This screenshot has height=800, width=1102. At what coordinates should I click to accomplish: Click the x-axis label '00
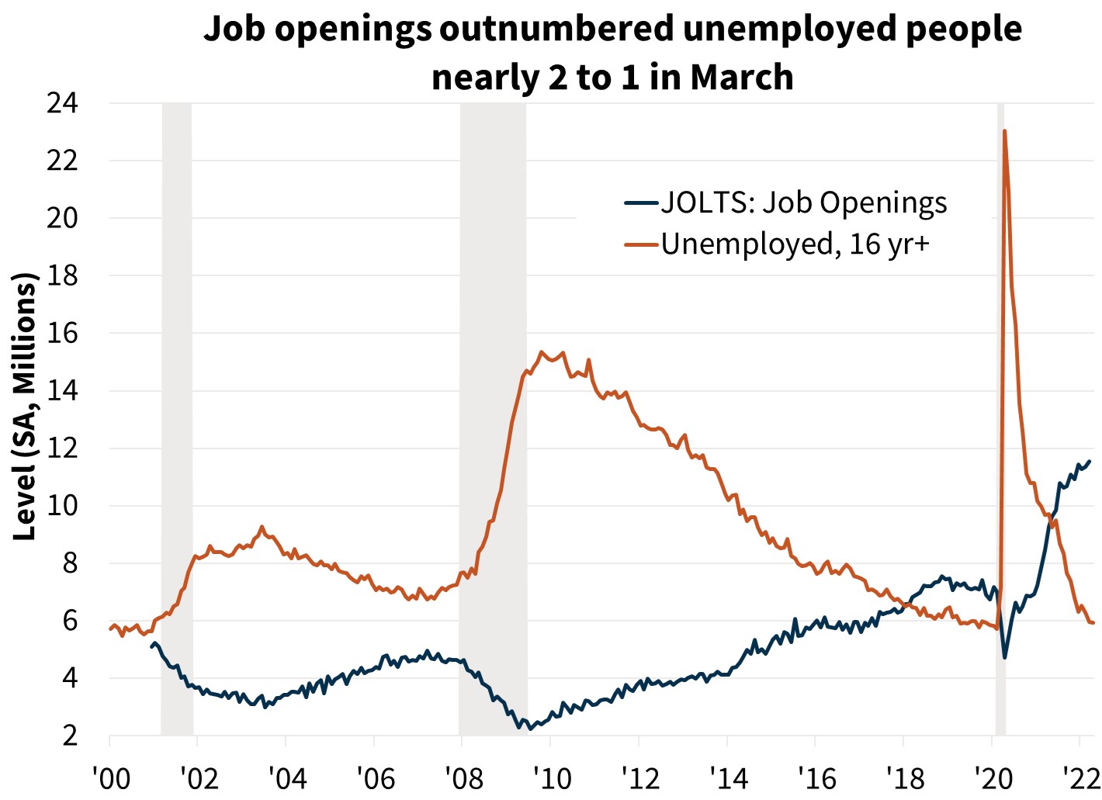click(x=111, y=778)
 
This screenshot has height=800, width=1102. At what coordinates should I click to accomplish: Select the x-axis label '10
click(x=551, y=778)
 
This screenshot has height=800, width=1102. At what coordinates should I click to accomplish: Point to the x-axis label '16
click(x=815, y=778)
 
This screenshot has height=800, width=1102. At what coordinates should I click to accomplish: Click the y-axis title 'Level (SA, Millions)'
click(x=25, y=407)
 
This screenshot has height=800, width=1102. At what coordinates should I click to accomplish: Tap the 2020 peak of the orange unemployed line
click(x=1005, y=131)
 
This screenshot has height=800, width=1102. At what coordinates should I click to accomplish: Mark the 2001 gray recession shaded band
click(x=177, y=419)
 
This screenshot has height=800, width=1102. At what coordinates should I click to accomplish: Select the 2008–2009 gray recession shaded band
click(x=493, y=419)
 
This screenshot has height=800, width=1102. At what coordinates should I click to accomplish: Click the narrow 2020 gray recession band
click(x=1000, y=419)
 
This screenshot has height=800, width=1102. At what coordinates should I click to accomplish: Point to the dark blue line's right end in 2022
click(x=1090, y=461)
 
